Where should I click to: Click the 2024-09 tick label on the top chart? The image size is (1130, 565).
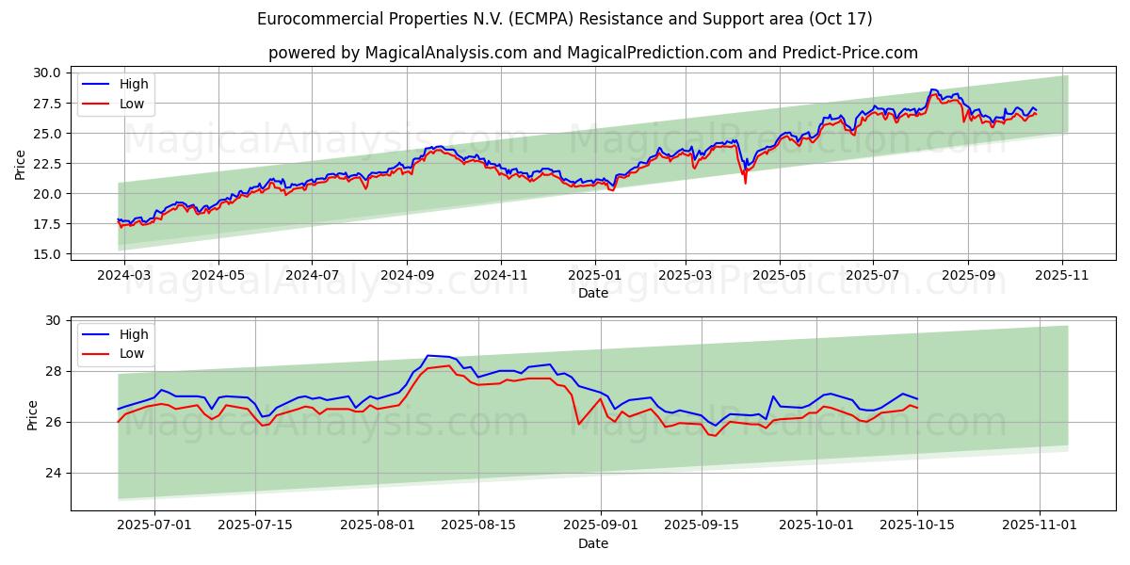pos(407,275)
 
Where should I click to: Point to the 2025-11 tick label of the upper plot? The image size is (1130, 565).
pos(1062,275)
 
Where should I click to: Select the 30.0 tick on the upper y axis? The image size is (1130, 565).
pos(46,73)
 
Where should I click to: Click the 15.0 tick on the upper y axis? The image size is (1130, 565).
pos(46,254)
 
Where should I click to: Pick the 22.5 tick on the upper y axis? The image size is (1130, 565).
pos(46,164)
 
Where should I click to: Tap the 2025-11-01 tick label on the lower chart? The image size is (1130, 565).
pos(1039,525)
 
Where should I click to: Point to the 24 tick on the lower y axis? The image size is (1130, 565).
pos(53,474)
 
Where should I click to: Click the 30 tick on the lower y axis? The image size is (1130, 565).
pos(53,321)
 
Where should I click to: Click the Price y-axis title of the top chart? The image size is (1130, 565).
pos(21,164)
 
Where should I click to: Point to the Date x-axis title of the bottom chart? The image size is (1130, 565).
pos(593,543)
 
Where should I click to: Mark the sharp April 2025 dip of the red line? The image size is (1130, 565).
pos(746,182)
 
